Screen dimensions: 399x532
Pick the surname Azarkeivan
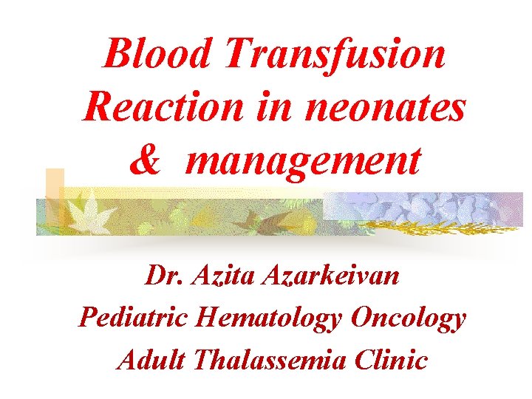(x=337, y=276)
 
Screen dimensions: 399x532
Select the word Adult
(x=152, y=360)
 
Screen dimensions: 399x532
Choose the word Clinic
(x=392, y=360)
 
